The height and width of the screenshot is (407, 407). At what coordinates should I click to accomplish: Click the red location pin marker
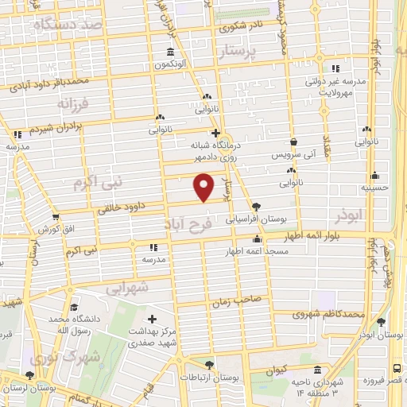pyautogui.click(x=205, y=186)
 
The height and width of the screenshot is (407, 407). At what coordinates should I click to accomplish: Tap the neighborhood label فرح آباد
pyautogui.click(x=189, y=224)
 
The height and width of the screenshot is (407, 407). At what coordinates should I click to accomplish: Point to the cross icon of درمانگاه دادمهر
pyautogui.click(x=215, y=134)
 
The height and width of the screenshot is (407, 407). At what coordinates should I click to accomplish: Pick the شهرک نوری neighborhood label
pyautogui.click(x=60, y=357)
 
